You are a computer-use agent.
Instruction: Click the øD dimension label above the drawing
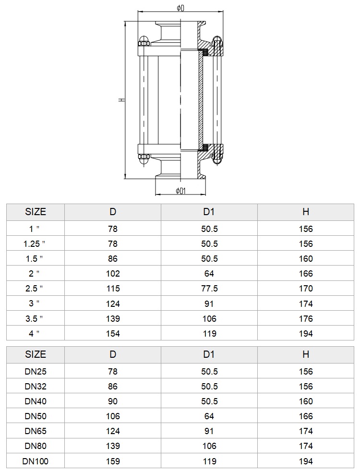(180, 8)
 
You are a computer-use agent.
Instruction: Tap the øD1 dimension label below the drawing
(180, 191)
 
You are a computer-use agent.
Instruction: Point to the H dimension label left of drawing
(121, 99)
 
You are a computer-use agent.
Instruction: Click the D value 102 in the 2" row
(113, 274)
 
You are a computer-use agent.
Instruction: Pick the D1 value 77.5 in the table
(209, 289)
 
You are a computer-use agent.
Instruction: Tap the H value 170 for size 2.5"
(306, 289)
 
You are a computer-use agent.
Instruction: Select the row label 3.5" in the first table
(34, 318)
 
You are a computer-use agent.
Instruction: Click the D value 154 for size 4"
(113, 334)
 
